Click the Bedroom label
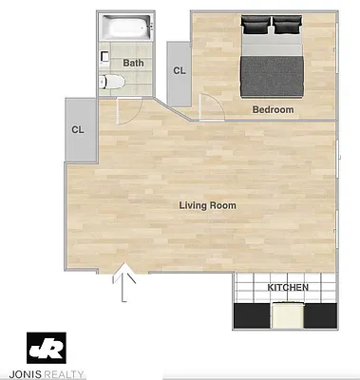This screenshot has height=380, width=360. click(273, 110)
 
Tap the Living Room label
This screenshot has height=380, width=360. click(208, 205)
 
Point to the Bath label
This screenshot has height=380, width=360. click(133, 64)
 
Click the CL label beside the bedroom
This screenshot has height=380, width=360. click(179, 70)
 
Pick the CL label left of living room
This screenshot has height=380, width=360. click(78, 130)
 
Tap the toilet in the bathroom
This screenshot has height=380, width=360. click(109, 83)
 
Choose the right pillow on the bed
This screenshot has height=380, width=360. click(288, 23)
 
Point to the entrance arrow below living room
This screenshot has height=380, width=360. click(124, 284)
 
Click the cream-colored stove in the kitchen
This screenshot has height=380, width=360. click(286, 314)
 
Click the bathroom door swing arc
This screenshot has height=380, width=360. click(127, 109)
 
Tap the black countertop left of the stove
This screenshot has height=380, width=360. click(251, 314)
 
